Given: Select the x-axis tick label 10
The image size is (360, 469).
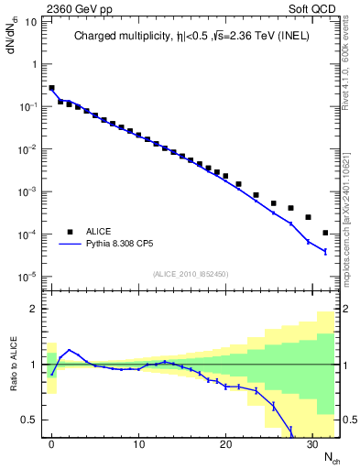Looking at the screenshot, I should [138, 445].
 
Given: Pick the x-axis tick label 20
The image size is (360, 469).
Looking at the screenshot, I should [224, 445].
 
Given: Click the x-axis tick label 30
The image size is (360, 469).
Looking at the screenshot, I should [311, 445].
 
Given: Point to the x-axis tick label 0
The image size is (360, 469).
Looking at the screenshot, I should [52, 445].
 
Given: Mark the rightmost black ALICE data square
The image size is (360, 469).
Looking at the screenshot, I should [325, 233].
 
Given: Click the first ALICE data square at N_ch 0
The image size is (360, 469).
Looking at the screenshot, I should [52, 89].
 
